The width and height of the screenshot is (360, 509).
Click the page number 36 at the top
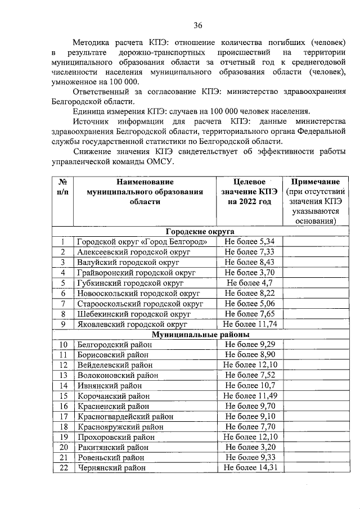[x=198, y=25]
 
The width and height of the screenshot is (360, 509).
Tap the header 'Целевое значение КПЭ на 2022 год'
[x=249, y=192]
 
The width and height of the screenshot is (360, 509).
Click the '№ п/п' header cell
[x=63, y=187]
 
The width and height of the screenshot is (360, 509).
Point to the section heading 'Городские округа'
[x=200, y=231]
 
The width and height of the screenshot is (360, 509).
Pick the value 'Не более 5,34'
[x=249, y=241]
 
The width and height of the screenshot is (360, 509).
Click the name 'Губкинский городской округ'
[x=130, y=283]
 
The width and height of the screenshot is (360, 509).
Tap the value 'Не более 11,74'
[x=249, y=325]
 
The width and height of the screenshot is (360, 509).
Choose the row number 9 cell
[x=63, y=325]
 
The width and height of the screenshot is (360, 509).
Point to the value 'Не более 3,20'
[x=249, y=447]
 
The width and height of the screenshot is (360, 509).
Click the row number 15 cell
[x=63, y=396]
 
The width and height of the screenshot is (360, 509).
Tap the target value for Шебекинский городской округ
[x=249, y=314]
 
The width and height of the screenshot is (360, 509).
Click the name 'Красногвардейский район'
[x=125, y=417]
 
